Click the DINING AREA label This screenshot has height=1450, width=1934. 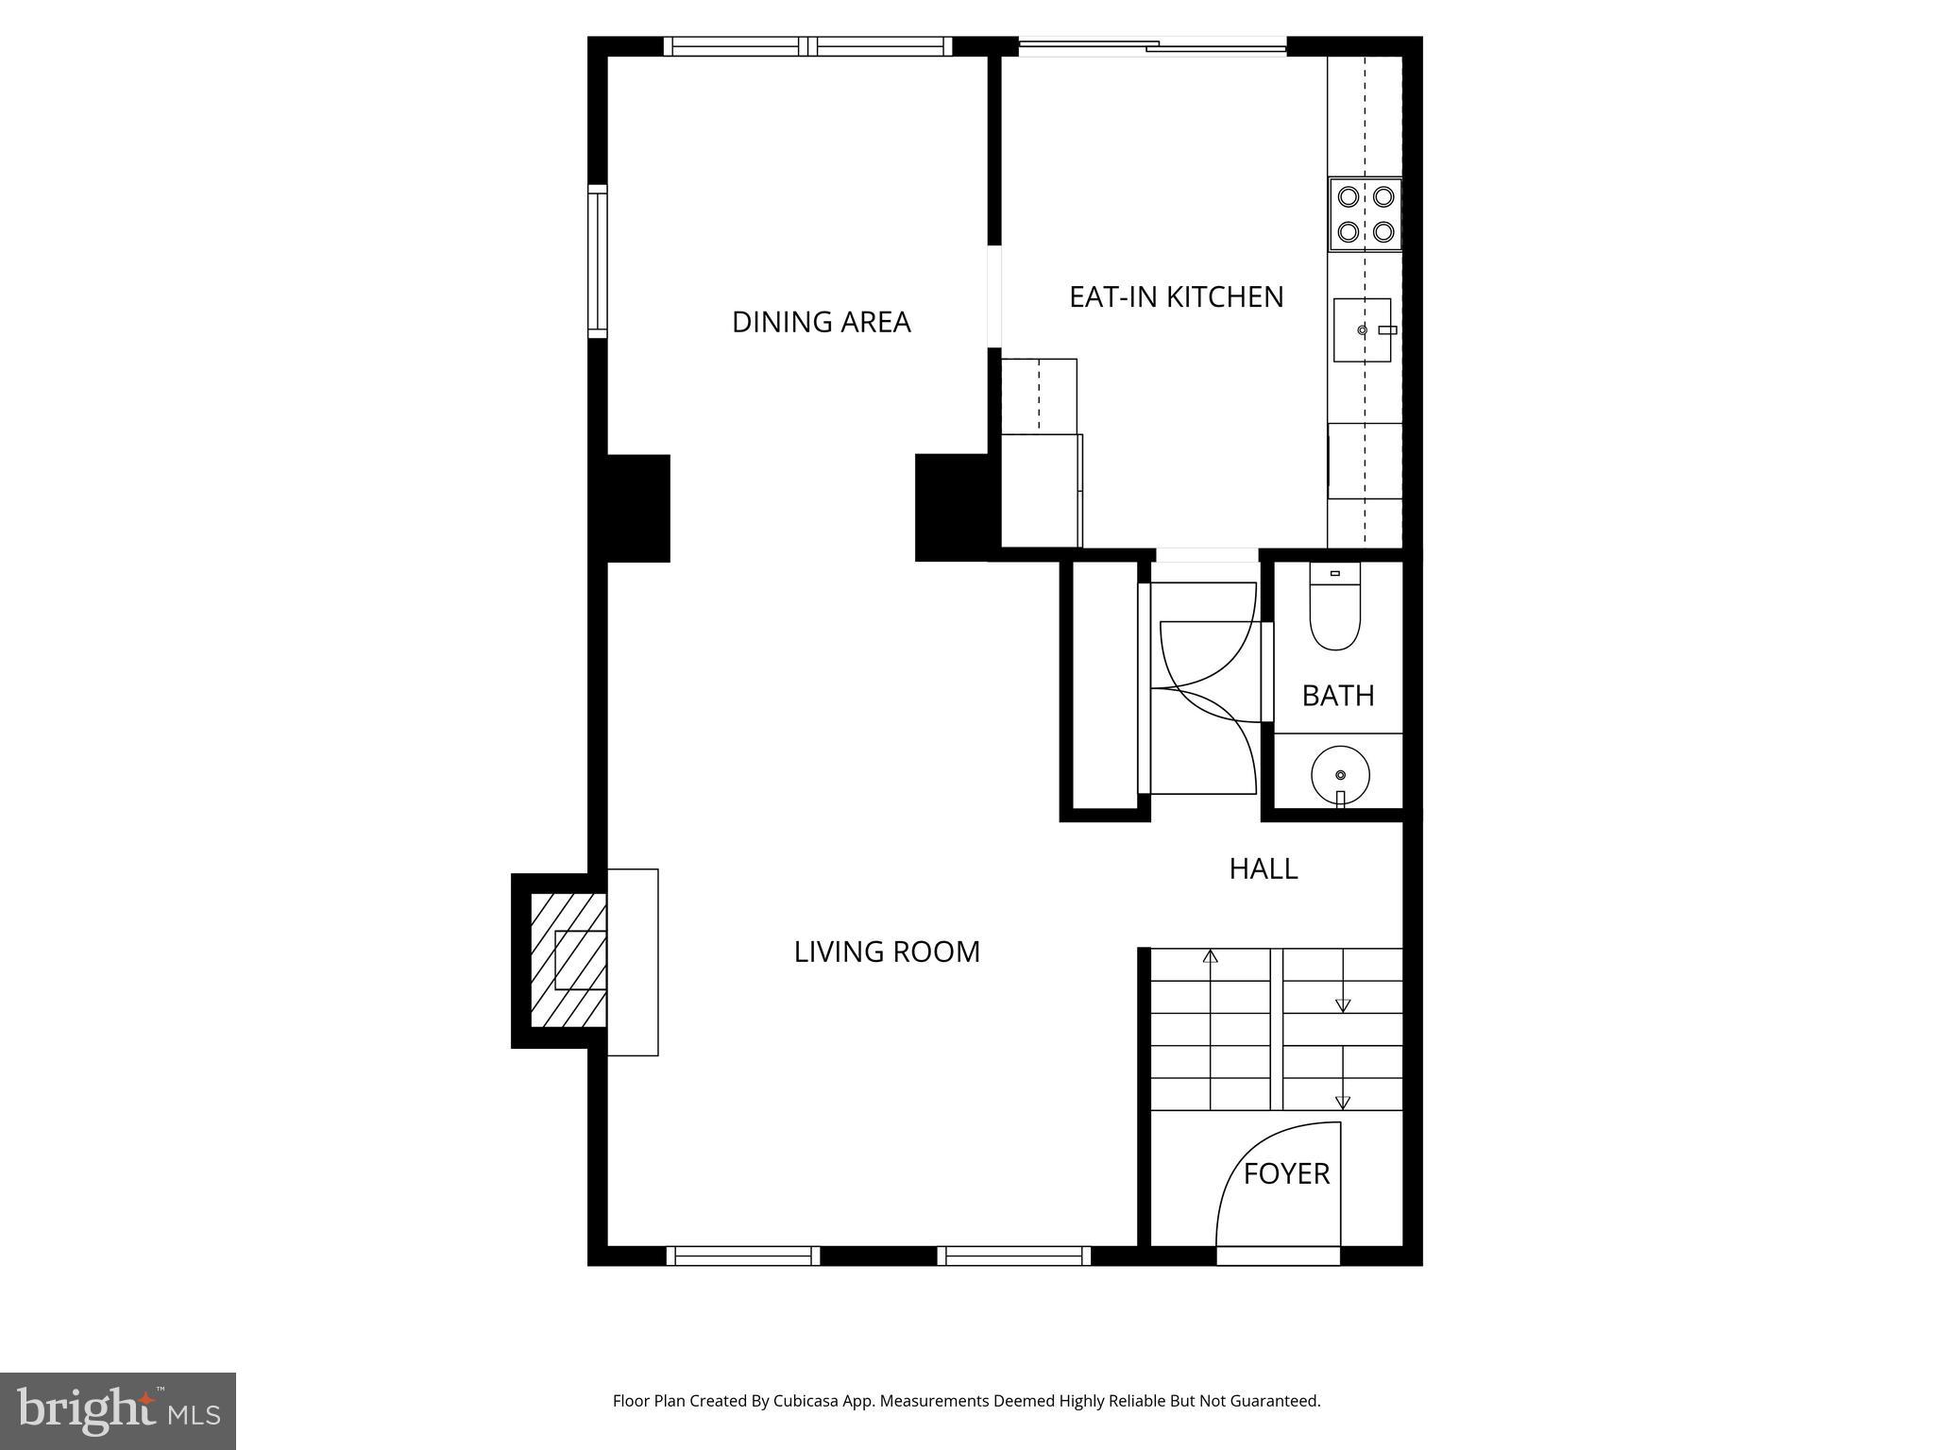coord(821,322)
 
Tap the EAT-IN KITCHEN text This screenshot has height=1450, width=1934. coord(1176,296)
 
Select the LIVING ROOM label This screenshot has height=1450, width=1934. coord(887,952)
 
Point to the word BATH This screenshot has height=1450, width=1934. coord(1337,696)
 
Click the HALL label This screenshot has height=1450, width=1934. coord(1263,868)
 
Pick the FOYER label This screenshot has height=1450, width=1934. coord(1286,1173)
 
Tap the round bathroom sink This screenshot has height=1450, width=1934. coord(1340,775)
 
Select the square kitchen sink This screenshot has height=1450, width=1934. coord(1361,329)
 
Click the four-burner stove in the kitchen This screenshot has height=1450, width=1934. coord(1366,214)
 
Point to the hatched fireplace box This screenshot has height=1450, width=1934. coord(568,961)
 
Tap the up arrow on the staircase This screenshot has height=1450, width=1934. coord(1210,956)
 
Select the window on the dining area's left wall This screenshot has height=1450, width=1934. coord(597,261)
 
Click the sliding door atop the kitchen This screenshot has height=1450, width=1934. coord(1152,44)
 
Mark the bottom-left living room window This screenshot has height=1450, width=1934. coord(743,1256)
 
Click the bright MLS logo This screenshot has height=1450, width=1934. coord(118,1410)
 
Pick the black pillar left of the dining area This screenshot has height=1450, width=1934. coord(637,508)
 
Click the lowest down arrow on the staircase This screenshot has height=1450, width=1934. coord(1342,1101)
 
